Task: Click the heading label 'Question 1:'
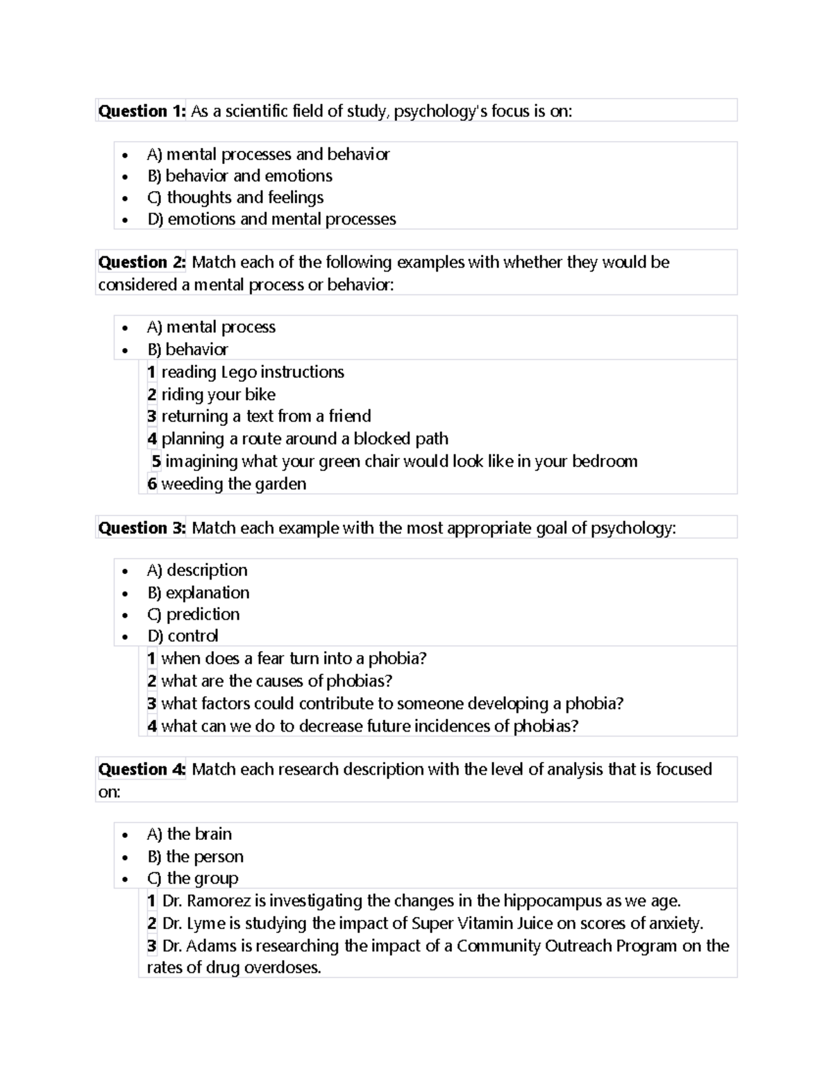point(142,111)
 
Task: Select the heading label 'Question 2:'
point(142,262)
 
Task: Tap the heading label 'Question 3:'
point(142,528)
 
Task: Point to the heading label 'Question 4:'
point(142,769)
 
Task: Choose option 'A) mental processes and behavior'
point(268,154)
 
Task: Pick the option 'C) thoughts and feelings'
point(235,197)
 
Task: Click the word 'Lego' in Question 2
point(238,372)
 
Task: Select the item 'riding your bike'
point(218,395)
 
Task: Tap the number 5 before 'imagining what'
point(156,461)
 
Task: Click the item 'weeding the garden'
point(233,484)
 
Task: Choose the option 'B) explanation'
point(198,593)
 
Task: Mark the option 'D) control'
point(183,636)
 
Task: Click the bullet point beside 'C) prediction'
point(124,616)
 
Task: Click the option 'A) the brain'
point(190,834)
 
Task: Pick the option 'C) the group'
point(192,878)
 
